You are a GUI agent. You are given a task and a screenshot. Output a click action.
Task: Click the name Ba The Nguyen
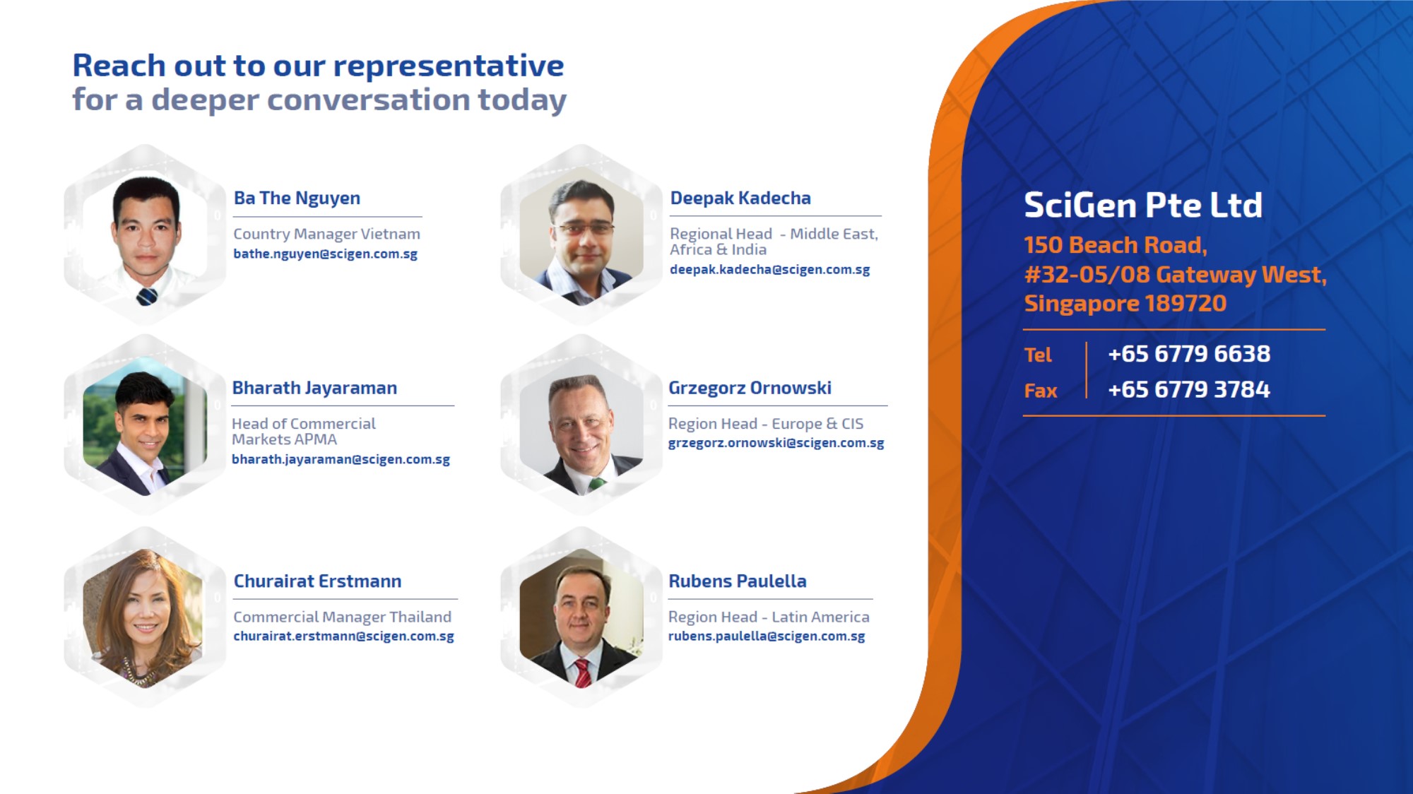click(x=297, y=198)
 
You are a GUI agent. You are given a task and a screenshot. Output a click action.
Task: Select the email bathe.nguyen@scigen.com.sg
click(x=325, y=254)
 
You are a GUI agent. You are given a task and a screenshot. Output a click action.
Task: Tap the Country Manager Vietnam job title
click(x=326, y=234)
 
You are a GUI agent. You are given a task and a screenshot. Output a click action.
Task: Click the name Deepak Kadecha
click(x=740, y=198)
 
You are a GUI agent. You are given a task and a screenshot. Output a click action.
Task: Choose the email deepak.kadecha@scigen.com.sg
click(x=769, y=269)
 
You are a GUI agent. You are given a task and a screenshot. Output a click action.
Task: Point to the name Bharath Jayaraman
click(x=314, y=388)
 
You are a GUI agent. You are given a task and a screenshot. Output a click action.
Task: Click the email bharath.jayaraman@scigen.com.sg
click(x=341, y=459)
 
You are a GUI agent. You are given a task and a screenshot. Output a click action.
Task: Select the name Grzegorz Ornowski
click(x=750, y=388)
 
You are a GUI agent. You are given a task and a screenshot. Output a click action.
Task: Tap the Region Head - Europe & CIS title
click(x=766, y=424)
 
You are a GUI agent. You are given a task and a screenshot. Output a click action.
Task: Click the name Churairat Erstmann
click(x=317, y=581)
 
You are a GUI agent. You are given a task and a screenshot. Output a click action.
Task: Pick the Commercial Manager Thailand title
click(x=342, y=617)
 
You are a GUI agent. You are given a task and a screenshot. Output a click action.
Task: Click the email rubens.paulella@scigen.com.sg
click(x=767, y=636)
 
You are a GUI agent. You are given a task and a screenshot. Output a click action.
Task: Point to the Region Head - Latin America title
click(x=769, y=617)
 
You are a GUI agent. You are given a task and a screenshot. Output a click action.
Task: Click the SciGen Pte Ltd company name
click(x=1143, y=206)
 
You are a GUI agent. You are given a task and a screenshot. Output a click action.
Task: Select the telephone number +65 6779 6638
click(x=1189, y=353)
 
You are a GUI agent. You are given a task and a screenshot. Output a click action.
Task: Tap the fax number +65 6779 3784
click(x=1189, y=389)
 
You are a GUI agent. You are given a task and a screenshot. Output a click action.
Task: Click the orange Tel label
click(x=1038, y=355)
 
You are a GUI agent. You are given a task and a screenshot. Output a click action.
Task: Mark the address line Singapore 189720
click(x=1125, y=303)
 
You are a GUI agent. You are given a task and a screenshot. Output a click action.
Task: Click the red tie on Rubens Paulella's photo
click(x=583, y=672)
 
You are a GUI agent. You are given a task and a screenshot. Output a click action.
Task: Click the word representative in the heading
click(x=449, y=66)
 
